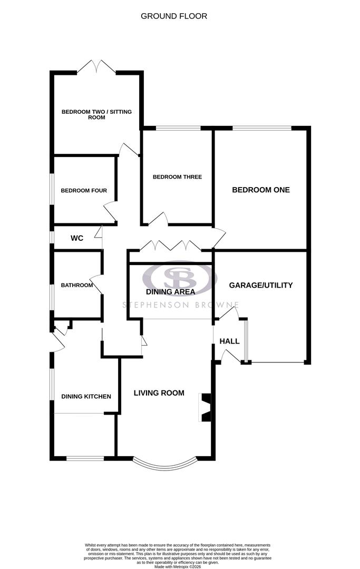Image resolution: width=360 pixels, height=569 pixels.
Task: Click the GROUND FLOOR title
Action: click(x=174, y=16)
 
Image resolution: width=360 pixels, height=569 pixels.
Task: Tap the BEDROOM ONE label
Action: click(x=261, y=190)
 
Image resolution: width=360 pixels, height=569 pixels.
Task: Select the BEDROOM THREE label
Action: click(x=177, y=177)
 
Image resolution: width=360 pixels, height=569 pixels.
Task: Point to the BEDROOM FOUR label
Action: click(x=84, y=191)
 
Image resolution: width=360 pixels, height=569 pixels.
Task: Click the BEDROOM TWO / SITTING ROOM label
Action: click(x=96, y=114)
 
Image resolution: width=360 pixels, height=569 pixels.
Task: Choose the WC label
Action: click(x=77, y=238)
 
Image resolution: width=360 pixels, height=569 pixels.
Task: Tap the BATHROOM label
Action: click(x=77, y=286)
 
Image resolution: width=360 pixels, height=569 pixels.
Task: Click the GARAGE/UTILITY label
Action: click(x=260, y=285)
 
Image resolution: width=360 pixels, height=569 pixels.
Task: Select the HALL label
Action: click(x=230, y=341)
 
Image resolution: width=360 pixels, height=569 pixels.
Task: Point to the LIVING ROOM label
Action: click(x=159, y=393)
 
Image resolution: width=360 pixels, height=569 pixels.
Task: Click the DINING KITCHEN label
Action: click(x=86, y=396)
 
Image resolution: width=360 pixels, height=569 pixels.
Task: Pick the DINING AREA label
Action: click(x=170, y=291)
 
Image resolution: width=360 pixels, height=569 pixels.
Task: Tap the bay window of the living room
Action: click(x=166, y=464)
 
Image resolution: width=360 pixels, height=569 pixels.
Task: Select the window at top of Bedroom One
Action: click(x=262, y=127)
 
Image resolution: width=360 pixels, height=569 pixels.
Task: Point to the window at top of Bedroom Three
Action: click(x=178, y=127)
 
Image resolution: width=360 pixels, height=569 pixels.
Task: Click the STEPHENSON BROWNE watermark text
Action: click(x=180, y=305)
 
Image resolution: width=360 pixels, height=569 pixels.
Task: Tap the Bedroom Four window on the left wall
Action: click(x=52, y=190)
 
